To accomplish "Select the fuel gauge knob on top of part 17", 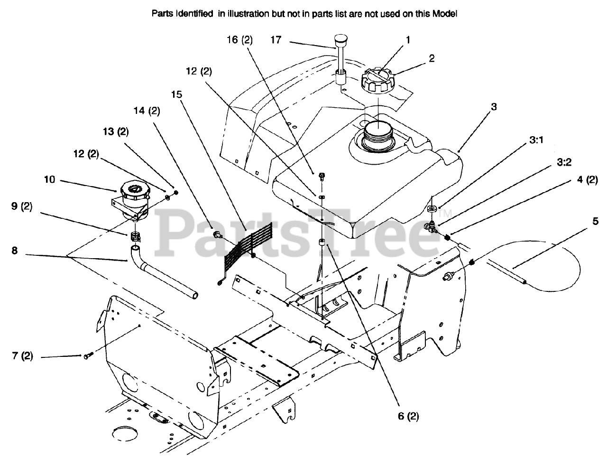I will (340, 40).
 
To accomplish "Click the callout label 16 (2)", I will (239, 40).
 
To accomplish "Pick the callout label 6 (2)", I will (408, 416).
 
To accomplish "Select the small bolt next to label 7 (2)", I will (87, 355).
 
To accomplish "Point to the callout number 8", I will (15, 250).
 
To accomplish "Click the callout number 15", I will (176, 94).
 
